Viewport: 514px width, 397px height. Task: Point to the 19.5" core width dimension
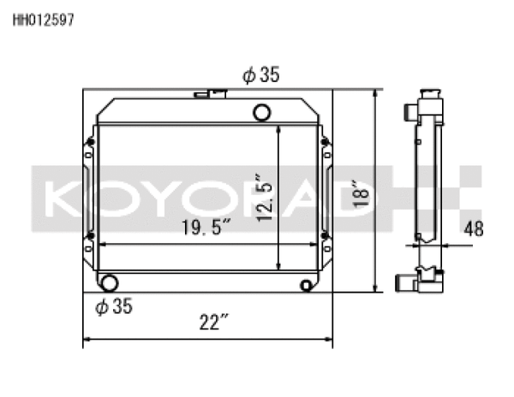pyautogui.click(x=206, y=229)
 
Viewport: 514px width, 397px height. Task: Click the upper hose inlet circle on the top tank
pyautogui.click(x=262, y=111)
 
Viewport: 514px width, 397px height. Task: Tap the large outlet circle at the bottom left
pyautogui.click(x=109, y=283)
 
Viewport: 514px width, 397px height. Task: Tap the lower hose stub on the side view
pyautogui.click(x=405, y=281)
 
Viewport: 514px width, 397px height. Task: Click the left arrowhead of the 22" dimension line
pyautogui.click(x=87, y=341)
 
